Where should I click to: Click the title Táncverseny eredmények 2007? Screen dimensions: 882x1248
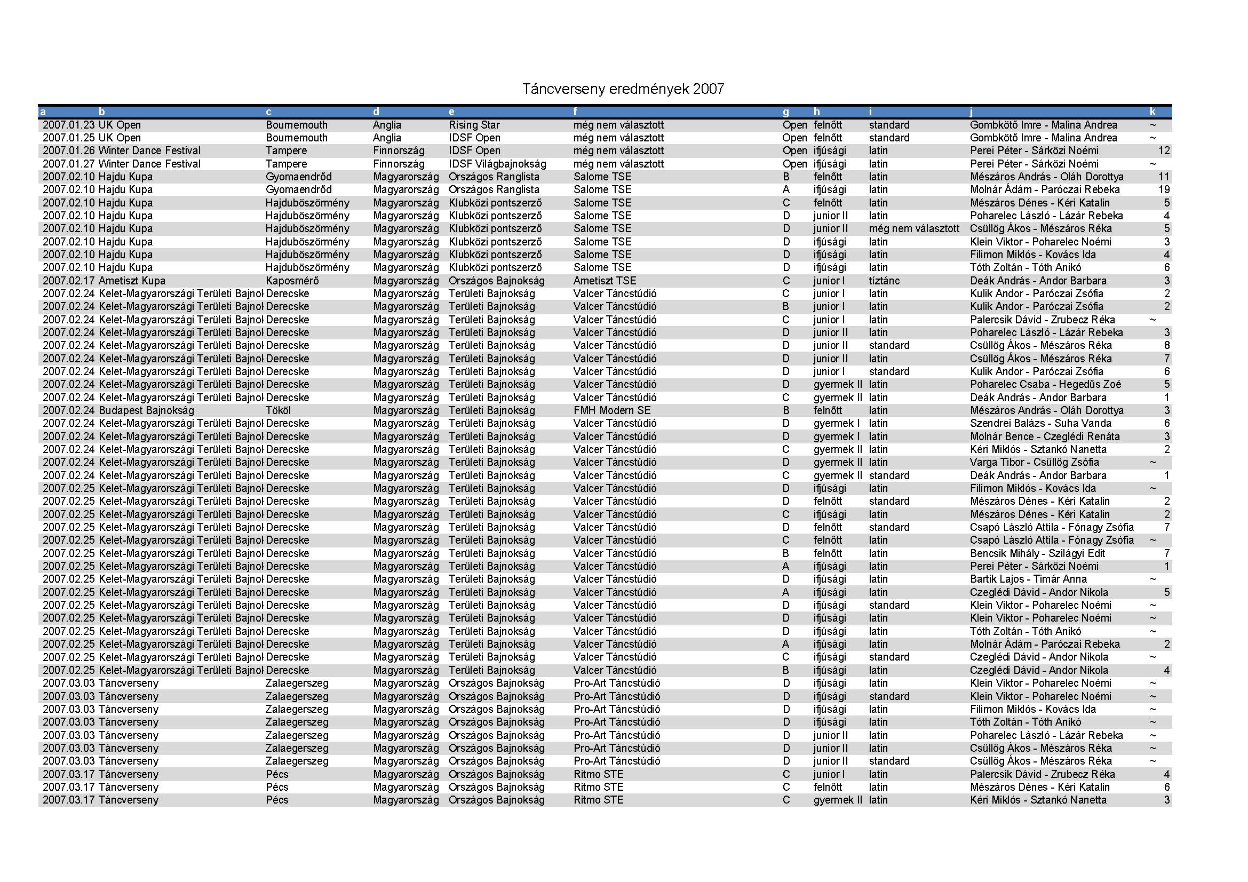click(623, 89)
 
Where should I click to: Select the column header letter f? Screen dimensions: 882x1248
click(575, 112)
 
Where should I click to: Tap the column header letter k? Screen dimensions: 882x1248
click(1152, 112)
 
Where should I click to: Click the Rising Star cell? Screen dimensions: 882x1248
click(474, 125)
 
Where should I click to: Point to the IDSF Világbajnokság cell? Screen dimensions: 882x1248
click(497, 164)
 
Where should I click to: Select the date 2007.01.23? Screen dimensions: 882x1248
click(68, 125)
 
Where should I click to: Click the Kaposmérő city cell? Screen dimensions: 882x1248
click(292, 281)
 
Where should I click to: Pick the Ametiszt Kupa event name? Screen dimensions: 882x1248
click(132, 281)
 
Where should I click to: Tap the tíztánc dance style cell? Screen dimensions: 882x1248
click(884, 281)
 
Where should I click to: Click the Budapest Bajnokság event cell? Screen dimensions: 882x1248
click(146, 411)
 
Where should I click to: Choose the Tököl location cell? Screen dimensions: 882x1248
click(279, 411)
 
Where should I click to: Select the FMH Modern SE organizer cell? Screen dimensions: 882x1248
click(611, 411)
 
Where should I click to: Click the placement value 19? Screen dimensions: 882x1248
click(1164, 189)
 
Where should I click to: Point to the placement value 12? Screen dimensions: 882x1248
click(1164, 150)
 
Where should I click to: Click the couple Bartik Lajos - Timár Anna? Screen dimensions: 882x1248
click(1028, 579)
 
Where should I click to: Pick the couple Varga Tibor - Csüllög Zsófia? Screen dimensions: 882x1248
click(1034, 463)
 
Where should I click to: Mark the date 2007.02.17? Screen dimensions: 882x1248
click(68, 281)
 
